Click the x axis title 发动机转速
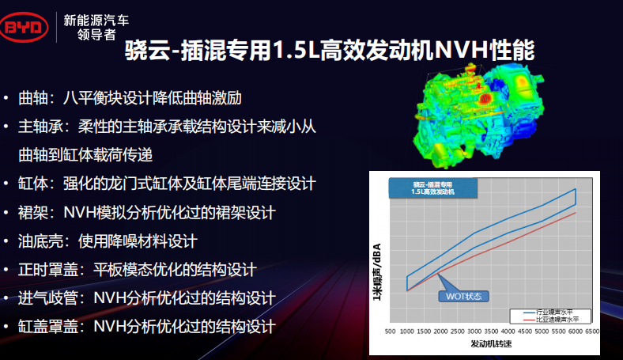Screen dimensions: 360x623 point(492,345)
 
